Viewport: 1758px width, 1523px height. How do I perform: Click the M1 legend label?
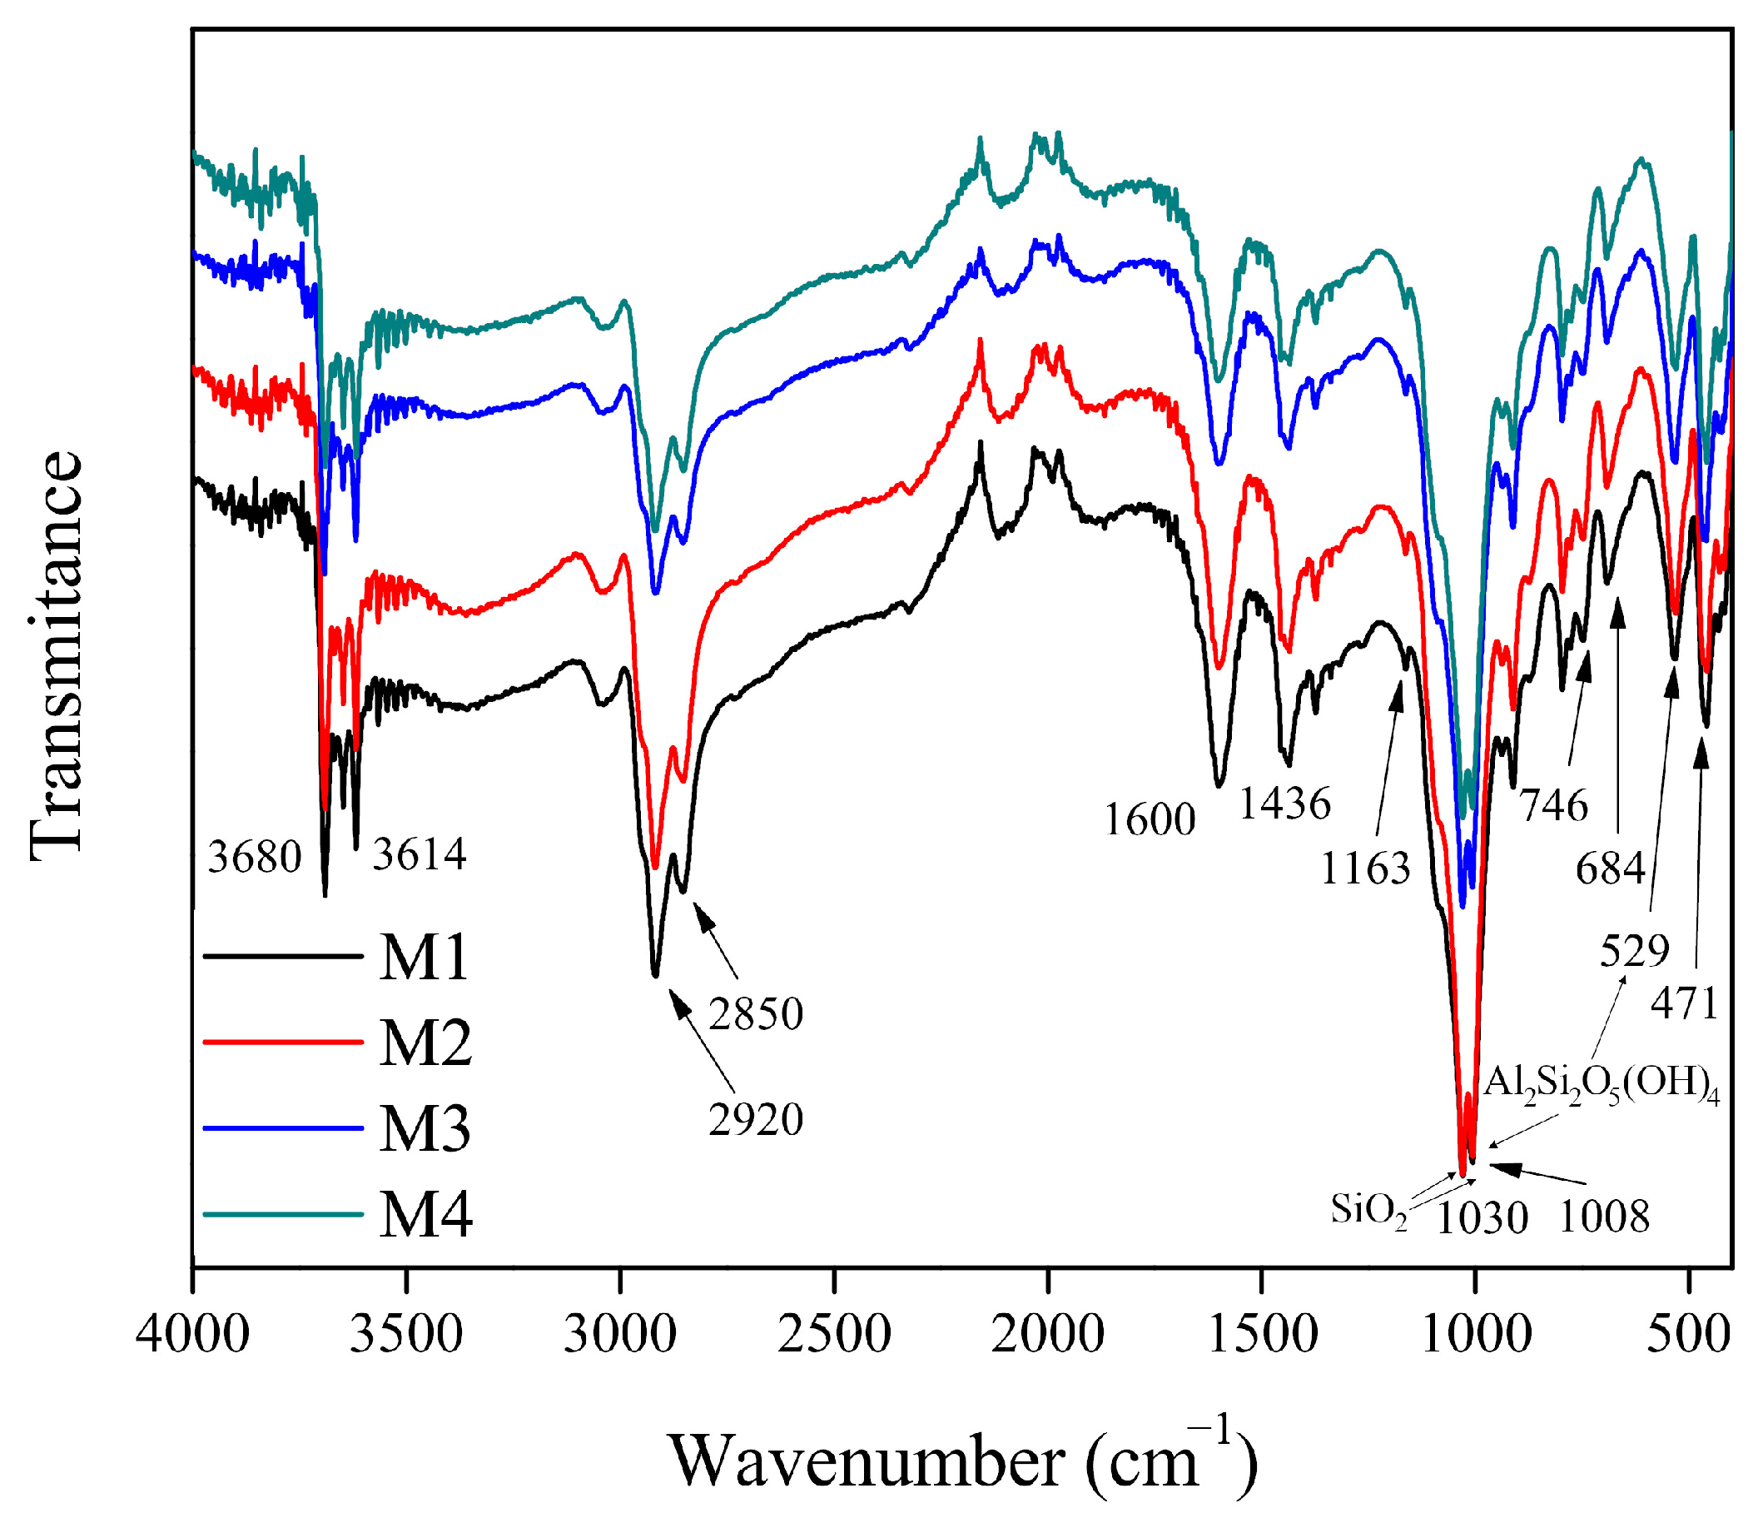[423, 958]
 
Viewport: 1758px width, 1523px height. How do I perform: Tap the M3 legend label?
[424, 1129]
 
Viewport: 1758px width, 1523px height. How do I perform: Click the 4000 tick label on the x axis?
[193, 1334]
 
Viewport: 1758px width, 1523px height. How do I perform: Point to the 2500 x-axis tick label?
[834, 1334]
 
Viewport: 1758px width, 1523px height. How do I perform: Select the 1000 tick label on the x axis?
[1476, 1334]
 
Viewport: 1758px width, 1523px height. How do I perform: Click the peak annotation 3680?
[255, 858]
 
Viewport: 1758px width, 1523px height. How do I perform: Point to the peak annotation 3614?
[419, 855]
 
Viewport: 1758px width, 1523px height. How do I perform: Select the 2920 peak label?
[755, 1120]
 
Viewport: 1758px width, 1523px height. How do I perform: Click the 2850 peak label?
[755, 1014]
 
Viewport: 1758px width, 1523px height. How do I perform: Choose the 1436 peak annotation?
[1284, 804]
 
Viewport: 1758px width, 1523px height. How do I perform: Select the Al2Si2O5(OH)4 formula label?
[1602, 1086]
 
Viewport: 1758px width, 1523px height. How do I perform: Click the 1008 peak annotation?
[1604, 1217]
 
